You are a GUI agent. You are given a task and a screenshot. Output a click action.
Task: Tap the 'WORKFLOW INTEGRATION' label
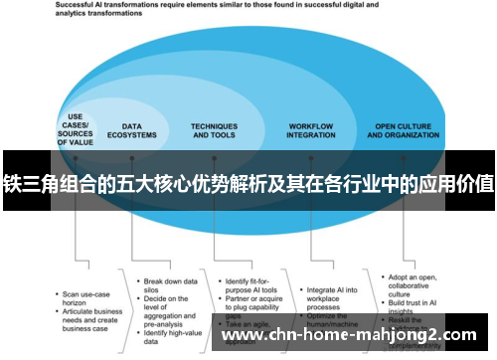point(310,130)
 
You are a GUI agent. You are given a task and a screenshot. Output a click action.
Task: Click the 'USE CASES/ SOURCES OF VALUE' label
point(75,128)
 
